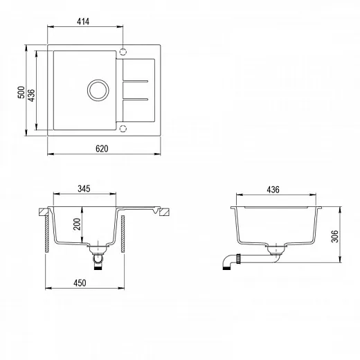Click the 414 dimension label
(x=83, y=21)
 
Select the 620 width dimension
(x=102, y=149)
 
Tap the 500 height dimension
(x=21, y=92)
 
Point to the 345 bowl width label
(x=84, y=189)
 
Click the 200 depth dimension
(x=77, y=224)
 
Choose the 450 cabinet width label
(x=80, y=283)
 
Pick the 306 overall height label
(x=334, y=236)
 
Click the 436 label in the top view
(x=31, y=96)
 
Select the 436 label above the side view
(x=273, y=190)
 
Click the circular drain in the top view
(x=98, y=80)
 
